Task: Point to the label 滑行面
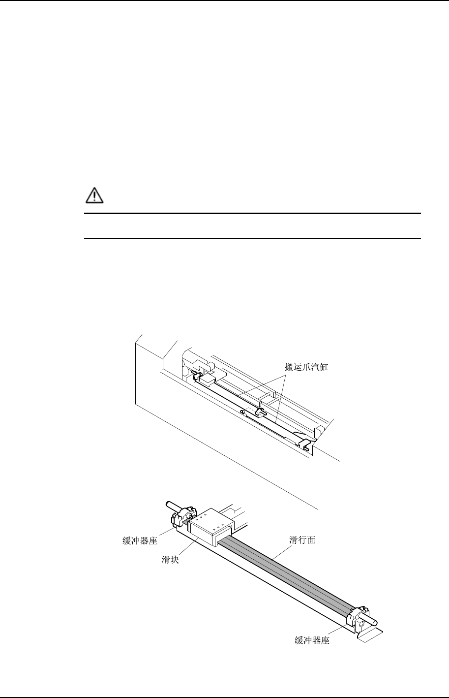coord(301,540)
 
